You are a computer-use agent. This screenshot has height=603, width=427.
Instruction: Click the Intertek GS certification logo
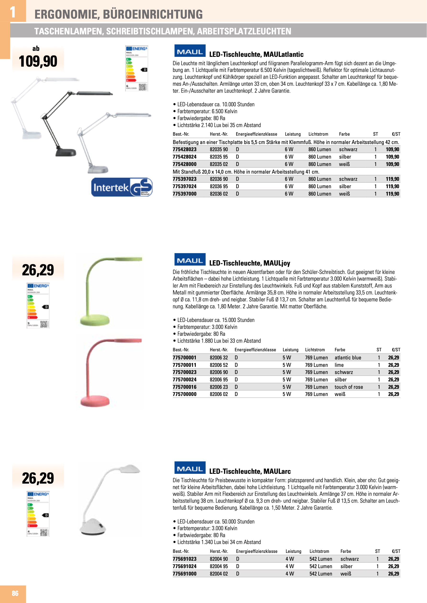[x=122, y=187]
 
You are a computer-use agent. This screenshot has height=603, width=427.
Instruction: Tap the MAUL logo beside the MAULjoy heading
[x=190, y=260]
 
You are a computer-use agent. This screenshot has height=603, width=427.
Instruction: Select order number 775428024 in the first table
[x=185, y=157]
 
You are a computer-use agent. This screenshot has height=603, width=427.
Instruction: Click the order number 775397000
[x=185, y=194]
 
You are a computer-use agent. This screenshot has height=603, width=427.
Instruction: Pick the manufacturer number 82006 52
[x=219, y=365]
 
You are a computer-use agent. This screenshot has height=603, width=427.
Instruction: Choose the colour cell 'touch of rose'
[x=349, y=387]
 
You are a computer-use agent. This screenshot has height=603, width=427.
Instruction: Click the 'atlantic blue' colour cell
[x=348, y=358]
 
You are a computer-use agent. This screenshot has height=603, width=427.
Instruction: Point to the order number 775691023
[x=185, y=559]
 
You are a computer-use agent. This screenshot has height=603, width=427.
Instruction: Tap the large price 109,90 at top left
[x=38, y=61]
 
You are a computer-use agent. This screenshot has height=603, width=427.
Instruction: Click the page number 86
[x=15, y=593]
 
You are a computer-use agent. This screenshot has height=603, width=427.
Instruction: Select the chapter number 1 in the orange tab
[x=13, y=12]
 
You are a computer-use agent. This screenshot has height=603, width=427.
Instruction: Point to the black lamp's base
[x=66, y=152]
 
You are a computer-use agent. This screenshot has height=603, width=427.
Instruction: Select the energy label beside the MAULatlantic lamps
[x=137, y=69]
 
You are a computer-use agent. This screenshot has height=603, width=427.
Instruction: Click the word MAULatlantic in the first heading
[x=284, y=54]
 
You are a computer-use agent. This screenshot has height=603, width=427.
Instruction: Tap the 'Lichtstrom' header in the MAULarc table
[x=319, y=551]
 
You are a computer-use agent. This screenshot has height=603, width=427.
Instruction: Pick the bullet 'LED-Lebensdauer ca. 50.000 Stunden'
[x=216, y=521]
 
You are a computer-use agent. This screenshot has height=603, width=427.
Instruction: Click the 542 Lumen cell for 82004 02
[x=321, y=574]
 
